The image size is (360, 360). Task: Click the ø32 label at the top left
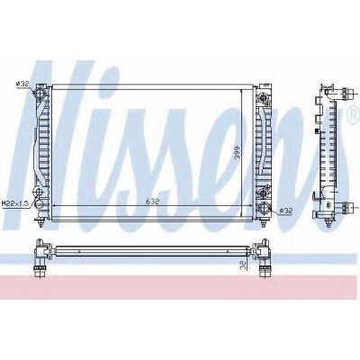(x=22, y=84)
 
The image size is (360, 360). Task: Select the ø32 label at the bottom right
(x=285, y=211)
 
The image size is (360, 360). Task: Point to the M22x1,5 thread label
(x=15, y=203)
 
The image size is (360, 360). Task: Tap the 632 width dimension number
(x=152, y=202)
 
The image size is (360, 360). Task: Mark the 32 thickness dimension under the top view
(x=243, y=265)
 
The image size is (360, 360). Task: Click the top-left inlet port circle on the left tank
(x=40, y=92)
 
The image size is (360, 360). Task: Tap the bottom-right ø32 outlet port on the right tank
(x=264, y=207)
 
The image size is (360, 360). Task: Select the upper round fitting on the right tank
(x=264, y=97)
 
